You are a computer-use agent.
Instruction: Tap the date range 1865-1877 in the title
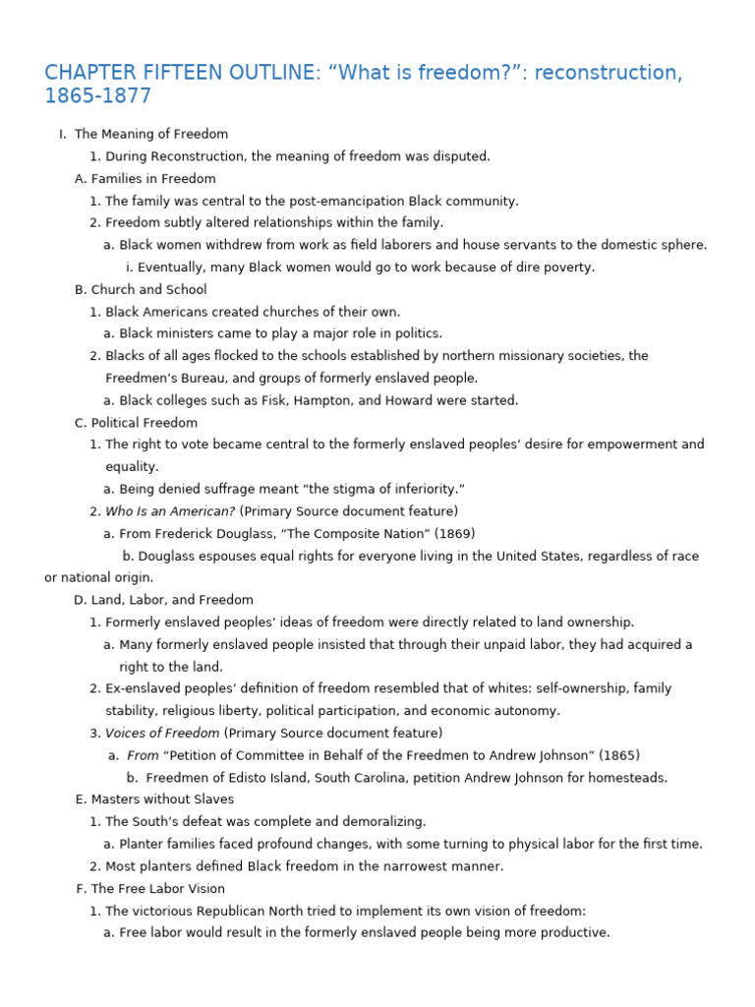[98, 96]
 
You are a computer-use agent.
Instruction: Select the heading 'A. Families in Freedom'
[145, 179]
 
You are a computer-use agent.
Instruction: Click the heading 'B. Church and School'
[141, 290]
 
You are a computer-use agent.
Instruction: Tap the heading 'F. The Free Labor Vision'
[150, 889]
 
